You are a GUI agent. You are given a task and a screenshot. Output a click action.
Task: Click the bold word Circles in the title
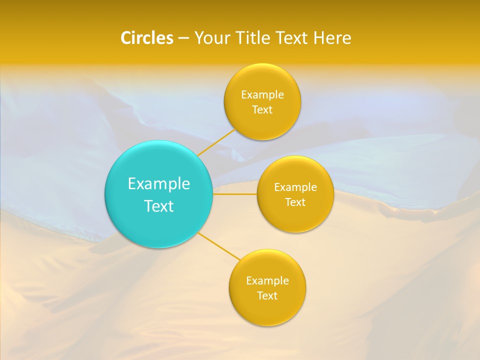coord(146,38)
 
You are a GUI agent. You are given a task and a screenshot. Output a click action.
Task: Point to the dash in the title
coord(183,38)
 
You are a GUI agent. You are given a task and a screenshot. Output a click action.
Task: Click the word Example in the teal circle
coord(159,184)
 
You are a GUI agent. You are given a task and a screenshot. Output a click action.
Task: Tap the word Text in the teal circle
coord(159,206)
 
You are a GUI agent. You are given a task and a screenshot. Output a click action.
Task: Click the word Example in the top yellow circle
coord(262,95)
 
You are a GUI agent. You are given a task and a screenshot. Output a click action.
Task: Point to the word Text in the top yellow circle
coord(262,110)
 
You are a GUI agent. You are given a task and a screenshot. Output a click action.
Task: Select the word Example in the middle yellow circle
coord(295,187)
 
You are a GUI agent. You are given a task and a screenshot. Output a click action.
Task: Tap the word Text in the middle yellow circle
coord(295,202)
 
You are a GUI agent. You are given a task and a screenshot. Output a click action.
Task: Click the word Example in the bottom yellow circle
coord(267,281)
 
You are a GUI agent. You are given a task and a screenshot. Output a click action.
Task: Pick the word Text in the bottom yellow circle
coord(267,296)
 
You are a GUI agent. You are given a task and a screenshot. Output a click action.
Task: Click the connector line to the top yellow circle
coord(216,141)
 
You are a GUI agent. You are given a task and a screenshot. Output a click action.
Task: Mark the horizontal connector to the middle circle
coord(235,194)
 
